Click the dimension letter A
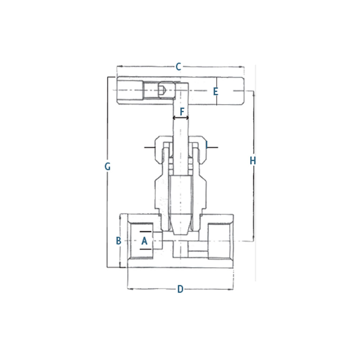coord(144,241)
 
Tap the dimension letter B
coord(118,241)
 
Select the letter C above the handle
coord(179,67)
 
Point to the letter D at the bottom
coord(180,289)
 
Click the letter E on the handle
coord(215,91)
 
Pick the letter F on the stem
coord(182,112)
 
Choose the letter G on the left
coord(107,166)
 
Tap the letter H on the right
coord(253,161)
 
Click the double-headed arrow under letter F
coord(181,118)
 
